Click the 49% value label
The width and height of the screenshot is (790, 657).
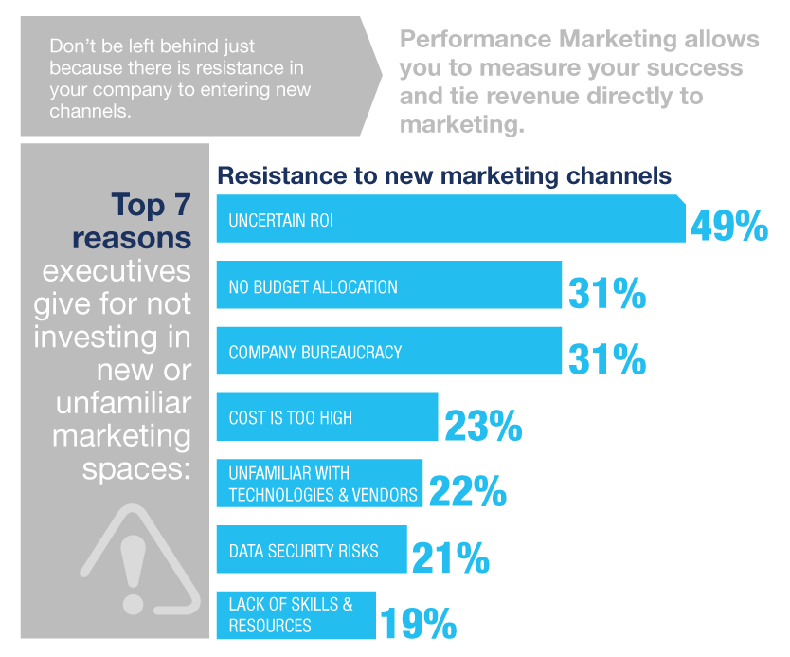coord(728,226)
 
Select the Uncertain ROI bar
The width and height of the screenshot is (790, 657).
coord(451,219)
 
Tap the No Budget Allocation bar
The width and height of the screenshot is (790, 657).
coord(388,285)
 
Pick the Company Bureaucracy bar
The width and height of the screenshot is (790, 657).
coord(388,352)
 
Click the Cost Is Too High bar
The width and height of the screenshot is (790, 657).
coord(327,417)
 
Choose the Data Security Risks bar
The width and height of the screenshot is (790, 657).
coord(312,550)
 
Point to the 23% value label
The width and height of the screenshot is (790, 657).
coord(483,425)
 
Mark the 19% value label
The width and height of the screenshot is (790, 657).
coord(419,623)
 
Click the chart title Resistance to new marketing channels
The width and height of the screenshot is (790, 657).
coord(444,176)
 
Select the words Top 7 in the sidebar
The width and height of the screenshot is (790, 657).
coord(151,205)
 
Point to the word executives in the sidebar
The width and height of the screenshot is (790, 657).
coord(116,271)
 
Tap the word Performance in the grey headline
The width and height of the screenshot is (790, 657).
coord(469,40)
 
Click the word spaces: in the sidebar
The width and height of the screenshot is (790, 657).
coord(136,468)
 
